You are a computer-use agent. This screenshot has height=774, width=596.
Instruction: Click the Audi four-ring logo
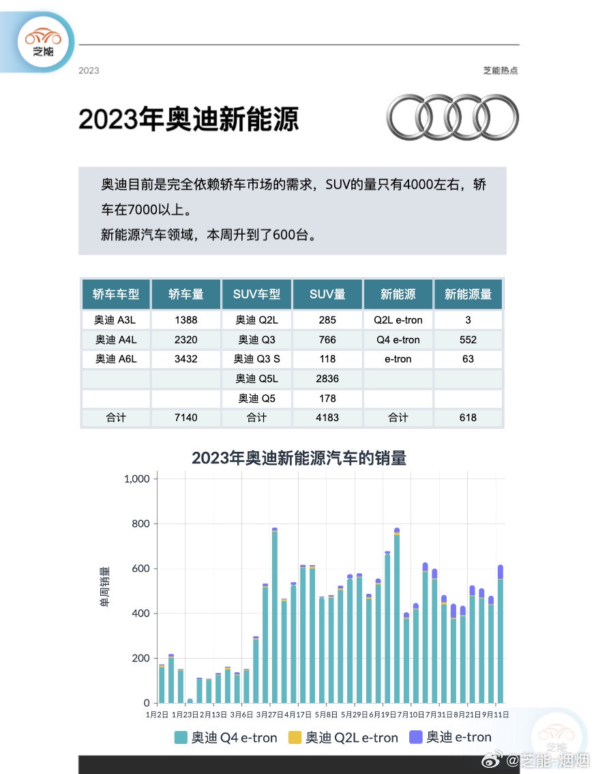pos(452,117)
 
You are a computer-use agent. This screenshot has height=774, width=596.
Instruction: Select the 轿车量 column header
pos(185,294)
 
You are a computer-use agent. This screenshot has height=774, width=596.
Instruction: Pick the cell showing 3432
pos(185,359)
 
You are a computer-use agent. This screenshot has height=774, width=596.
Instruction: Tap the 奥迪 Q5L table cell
pos(256,379)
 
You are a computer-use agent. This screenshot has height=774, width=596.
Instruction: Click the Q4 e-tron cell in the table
pos(398,340)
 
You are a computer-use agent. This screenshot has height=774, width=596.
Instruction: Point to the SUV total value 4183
pos(327,418)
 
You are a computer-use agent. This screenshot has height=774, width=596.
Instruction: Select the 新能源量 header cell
pos(468,294)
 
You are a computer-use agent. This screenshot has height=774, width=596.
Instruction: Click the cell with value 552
pos(468,340)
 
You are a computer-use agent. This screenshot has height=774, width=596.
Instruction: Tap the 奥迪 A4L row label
pos(115,340)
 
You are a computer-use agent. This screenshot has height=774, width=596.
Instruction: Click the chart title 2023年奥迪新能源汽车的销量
pos(299,458)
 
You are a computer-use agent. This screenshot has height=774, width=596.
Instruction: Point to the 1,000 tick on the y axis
pos(136,479)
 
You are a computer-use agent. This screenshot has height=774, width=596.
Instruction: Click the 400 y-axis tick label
pos(140,614)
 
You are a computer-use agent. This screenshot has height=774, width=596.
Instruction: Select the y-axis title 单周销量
pos(105,587)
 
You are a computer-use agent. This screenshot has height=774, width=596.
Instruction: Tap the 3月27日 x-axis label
pos(271,715)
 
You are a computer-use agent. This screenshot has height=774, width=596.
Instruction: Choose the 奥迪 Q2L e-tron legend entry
pos(351,738)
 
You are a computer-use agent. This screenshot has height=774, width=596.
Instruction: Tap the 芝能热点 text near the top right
pos(500,70)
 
